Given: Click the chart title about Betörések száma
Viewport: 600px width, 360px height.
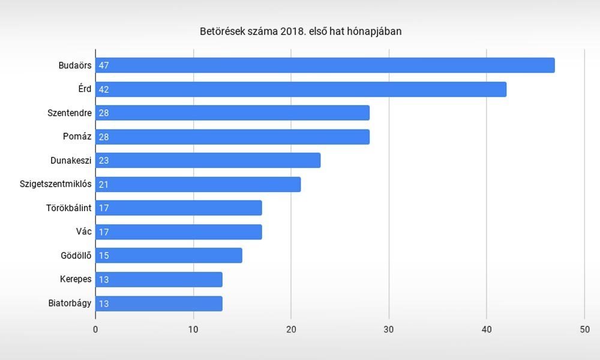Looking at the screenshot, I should (x=300, y=31).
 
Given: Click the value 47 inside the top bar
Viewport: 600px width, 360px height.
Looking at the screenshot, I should (x=103, y=65).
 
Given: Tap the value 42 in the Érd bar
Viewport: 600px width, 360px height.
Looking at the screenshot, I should (x=103, y=89).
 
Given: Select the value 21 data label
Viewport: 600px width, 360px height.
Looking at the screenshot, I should (x=103, y=184).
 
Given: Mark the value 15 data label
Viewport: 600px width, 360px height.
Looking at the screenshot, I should (x=103, y=256).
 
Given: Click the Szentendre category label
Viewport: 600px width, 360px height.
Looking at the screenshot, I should (x=70, y=113).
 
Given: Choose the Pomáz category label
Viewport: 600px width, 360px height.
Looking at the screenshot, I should (x=77, y=137).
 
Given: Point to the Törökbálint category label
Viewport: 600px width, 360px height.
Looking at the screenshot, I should (x=68, y=208).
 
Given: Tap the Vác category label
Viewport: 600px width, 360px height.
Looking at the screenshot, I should (x=83, y=232).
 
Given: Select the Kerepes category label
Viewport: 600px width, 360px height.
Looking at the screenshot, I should (x=76, y=279).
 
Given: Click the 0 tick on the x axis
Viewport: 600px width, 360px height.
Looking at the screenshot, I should (x=95, y=329).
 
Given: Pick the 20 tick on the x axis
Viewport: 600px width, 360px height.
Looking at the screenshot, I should (x=291, y=329).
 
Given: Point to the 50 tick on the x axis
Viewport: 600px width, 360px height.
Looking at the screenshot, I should (x=584, y=329).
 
